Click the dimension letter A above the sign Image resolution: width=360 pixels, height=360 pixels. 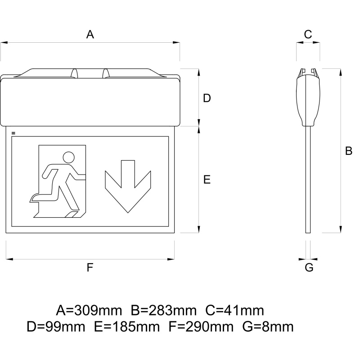tap(90, 35)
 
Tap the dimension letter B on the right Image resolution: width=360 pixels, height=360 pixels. tap(348, 151)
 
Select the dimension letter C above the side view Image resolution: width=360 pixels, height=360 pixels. tap(308, 35)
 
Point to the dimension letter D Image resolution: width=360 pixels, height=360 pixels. tap(207, 98)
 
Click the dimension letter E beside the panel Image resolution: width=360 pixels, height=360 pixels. tap(207, 180)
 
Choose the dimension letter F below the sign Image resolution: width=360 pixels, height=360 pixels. tap(90, 268)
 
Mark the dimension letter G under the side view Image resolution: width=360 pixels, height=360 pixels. tap(309, 268)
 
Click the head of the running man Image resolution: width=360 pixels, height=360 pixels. tap(69, 157)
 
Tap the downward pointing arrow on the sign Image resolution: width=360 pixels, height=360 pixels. tap(128, 186)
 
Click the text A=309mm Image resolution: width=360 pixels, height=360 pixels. tap(89, 310)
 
